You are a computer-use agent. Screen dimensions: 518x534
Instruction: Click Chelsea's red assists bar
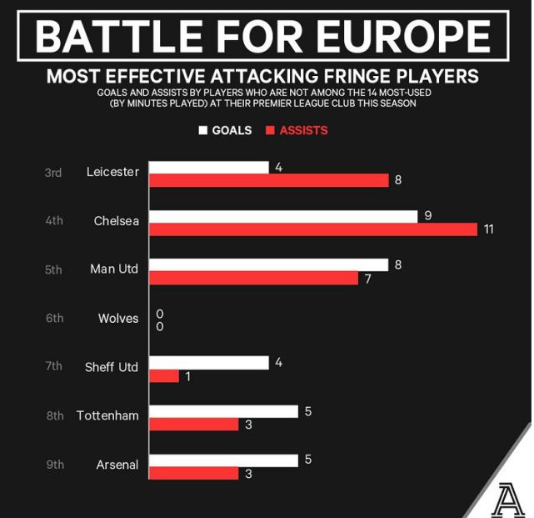[x=312, y=229]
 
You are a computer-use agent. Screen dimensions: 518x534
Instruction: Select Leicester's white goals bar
[x=208, y=167]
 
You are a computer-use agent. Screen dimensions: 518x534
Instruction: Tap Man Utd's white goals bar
[x=268, y=264]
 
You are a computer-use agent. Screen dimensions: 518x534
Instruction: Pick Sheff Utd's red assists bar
[x=164, y=376]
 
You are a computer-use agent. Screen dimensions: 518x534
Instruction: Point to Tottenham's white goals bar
[x=223, y=411]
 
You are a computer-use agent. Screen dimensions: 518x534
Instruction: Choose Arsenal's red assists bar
[x=194, y=474]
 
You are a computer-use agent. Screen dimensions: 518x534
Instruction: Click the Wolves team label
[x=118, y=318]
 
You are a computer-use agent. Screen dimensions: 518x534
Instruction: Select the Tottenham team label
[x=107, y=415]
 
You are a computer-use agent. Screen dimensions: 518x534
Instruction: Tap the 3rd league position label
[x=53, y=173]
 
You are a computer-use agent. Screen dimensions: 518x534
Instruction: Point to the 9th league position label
[x=55, y=464]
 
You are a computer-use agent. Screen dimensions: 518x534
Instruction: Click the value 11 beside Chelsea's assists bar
[x=489, y=229]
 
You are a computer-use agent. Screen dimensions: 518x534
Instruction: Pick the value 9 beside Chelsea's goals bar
[x=427, y=215]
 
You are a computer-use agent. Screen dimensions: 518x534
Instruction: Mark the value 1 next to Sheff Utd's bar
[x=188, y=376]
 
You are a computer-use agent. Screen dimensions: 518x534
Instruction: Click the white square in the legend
[x=202, y=130]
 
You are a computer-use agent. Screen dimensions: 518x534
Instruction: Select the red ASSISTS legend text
[x=303, y=130]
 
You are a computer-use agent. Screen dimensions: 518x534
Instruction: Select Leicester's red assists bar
[x=268, y=180]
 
